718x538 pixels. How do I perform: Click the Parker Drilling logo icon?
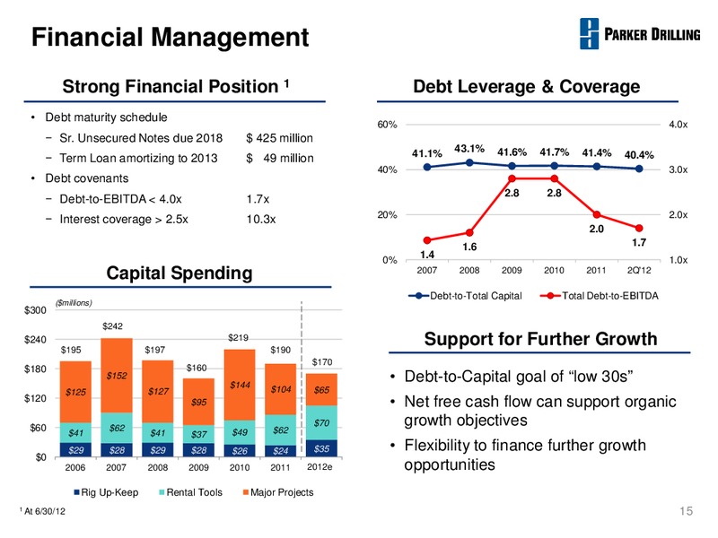tap(589, 33)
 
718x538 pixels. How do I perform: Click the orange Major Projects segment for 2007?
tap(117, 376)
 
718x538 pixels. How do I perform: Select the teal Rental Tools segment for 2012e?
tap(321, 422)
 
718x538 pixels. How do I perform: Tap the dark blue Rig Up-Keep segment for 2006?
tap(75, 450)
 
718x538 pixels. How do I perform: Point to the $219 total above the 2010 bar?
tap(238, 338)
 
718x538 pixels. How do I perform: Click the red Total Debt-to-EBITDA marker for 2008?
tap(469, 232)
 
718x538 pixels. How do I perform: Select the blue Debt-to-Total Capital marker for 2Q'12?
tap(639, 169)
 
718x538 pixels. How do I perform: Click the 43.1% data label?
tap(469, 149)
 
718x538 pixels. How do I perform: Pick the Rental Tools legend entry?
tap(190, 492)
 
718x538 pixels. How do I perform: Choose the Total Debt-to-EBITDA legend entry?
tap(599, 296)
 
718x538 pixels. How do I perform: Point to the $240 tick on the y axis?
tap(35, 340)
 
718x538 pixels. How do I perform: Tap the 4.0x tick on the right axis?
tap(679, 125)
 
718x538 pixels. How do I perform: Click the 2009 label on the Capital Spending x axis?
tap(198, 467)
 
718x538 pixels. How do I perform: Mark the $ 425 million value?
tap(279, 138)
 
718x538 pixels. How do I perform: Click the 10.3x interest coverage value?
tap(261, 219)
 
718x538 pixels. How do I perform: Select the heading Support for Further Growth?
tap(540, 339)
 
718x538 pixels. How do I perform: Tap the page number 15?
tap(686, 511)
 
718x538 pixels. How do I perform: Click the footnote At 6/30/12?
tap(42, 511)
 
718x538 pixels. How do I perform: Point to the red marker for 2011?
tap(596, 214)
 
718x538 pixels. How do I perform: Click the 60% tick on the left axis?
tap(387, 125)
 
